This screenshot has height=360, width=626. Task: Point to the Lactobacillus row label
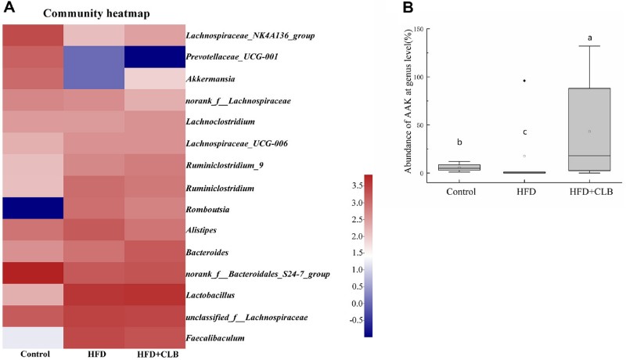[211, 295]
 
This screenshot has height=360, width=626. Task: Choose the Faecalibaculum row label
[215, 338]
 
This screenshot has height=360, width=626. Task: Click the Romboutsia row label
[207, 209]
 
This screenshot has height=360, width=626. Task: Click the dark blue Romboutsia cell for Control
[32, 209]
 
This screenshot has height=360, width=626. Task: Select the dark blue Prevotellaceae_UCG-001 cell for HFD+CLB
[153, 58]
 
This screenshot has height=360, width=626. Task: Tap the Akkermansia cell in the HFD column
[92, 80]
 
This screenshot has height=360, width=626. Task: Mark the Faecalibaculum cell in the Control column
[32, 338]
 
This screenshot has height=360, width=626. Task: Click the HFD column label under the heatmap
[92, 354]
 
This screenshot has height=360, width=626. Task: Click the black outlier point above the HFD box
[525, 81]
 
